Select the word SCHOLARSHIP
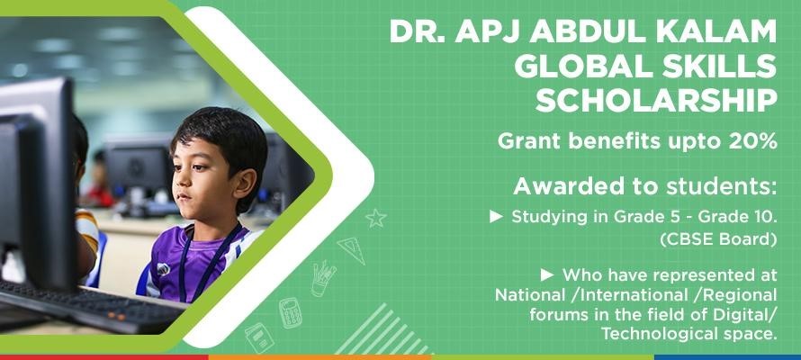pyautogui.click(x=656, y=101)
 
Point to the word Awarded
pyautogui.click(x=559, y=186)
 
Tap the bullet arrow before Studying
pyautogui.click(x=496, y=217)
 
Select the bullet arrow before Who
pyautogui.click(x=547, y=275)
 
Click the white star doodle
pyautogui.click(x=376, y=218)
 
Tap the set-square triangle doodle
pyautogui.click(x=353, y=250)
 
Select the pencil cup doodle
pyautogui.click(x=323, y=279)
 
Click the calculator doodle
pyautogui.click(x=290, y=313)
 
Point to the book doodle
pyautogui.click(x=259, y=337)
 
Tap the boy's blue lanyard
pyautogui.click(x=204, y=263)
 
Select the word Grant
pyautogui.click(x=530, y=141)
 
